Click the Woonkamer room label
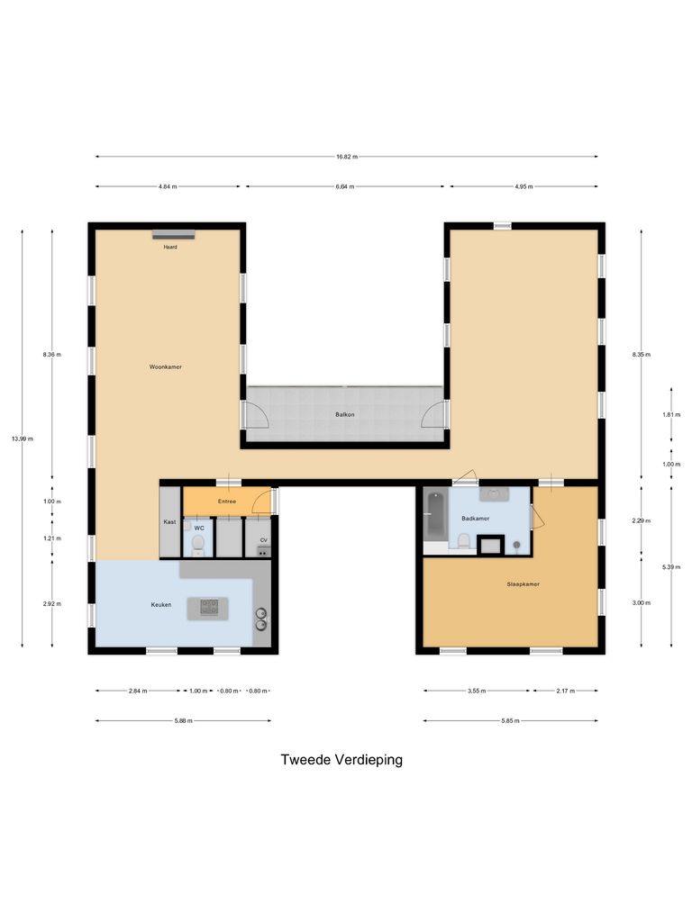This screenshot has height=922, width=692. coord(166,366)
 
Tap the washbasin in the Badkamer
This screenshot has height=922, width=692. coord(493,493)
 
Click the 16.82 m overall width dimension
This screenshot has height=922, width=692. coord(347,157)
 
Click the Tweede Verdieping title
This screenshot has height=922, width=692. coord(341,759)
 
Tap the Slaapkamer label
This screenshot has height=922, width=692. coord(523,584)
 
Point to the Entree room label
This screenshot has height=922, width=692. coord(227,501)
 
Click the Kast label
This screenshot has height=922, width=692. coord(169,522)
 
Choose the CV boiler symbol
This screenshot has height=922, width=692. coord(264,549)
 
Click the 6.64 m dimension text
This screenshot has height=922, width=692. coord(344,186)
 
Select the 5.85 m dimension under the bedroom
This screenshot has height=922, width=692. coord(510,720)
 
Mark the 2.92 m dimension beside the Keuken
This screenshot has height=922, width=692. coord(51,603)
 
